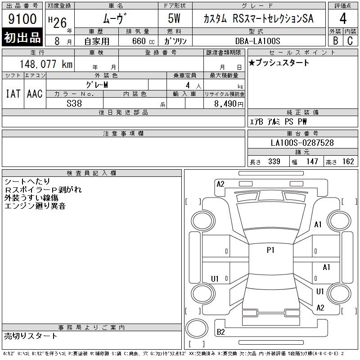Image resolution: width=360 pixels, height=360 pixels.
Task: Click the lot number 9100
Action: coord(22,19)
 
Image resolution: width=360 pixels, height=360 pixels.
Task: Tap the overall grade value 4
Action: coord(343,18)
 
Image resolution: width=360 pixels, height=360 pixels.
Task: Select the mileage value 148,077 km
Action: coord(46,64)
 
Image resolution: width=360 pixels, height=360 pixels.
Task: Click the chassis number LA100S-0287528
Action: coord(302,143)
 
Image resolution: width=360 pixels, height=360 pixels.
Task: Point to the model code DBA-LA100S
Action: coord(257,41)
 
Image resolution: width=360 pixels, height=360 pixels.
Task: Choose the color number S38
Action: coord(74,103)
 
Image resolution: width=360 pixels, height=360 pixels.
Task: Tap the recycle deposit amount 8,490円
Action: coord(229,104)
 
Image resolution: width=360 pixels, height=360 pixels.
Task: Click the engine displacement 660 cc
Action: coord(143,41)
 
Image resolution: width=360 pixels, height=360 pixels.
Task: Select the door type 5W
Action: coord(174,18)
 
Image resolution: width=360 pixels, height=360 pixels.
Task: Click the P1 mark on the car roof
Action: coord(270,250)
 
